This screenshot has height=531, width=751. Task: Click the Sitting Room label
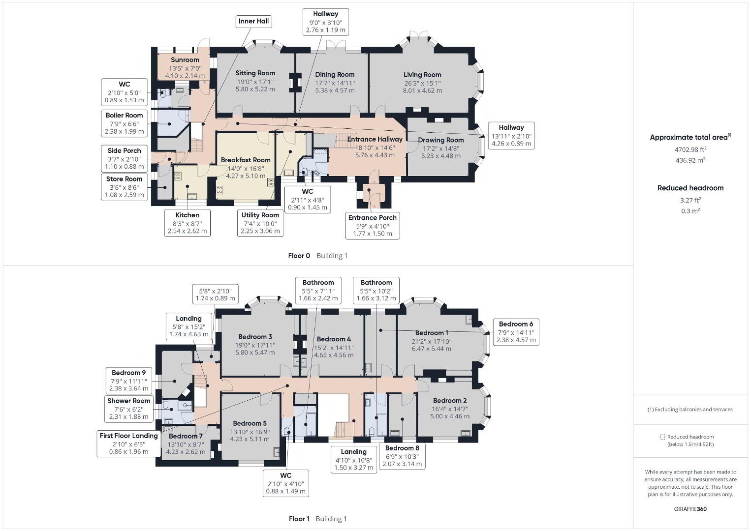(x=255, y=73)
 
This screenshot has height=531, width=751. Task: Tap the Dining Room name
(x=335, y=74)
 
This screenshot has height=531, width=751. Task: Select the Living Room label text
(x=422, y=75)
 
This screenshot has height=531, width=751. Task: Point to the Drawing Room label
(x=441, y=140)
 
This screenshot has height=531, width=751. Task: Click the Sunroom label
(x=185, y=60)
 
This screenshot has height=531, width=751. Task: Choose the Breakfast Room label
(x=246, y=160)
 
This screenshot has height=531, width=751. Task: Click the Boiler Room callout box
(x=125, y=123)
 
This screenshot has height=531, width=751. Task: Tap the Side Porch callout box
(x=125, y=158)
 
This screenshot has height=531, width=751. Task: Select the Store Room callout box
(x=125, y=187)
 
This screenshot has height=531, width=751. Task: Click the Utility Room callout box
(x=260, y=223)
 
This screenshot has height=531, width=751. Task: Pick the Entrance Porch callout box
(x=373, y=226)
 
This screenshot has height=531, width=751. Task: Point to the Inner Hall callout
(x=253, y=22)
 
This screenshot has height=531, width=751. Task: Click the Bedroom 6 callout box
(x=516, y=332)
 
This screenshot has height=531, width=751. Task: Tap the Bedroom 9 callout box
(x=129, y=381)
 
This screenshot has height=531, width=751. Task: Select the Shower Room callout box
(x=129, y=409)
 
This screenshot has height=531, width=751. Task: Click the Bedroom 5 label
(x=250, y=423)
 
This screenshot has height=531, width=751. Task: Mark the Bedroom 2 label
(x=450, y=401)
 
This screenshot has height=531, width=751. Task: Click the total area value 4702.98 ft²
(x=690, y=149)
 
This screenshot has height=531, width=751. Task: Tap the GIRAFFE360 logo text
(x=690, y=509)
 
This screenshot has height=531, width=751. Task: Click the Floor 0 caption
(x=299, y=256)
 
